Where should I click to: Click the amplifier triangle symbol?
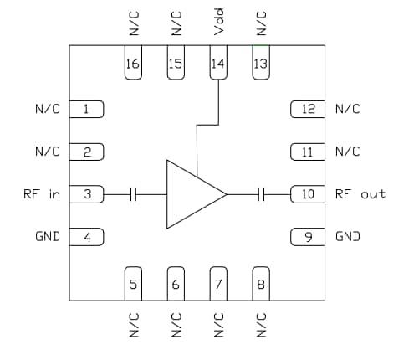[x=192, y=193]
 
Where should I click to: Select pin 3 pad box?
[x=87, y=193]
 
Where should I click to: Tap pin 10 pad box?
[x=307, y=193]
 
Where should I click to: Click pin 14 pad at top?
[x=218, y=64]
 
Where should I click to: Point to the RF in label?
[x=42, y=193]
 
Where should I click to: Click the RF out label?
[x=360, y=193]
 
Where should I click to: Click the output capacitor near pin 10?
[x=262, y=193]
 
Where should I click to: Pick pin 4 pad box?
[x=87, y=236]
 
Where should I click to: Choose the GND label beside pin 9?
[x=348, y=236]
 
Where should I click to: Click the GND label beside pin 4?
[x=47, y=236]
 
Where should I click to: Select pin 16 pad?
[x=132, y=64]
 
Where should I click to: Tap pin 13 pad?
[x=261, y=64]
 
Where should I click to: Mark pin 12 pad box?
[x=307, y=109]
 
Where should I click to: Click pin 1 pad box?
[x=87, y=109]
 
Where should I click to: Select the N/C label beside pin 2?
[x=47, y=152]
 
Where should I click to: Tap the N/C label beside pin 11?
[x=347, y=152]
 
